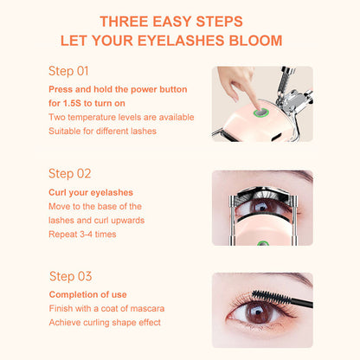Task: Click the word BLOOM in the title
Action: (x=255, y=41)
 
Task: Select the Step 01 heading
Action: (x=68, y=71)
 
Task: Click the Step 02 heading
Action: (x=70, y=174)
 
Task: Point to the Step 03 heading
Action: (x=71, y=276)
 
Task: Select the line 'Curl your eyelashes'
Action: (x=91, y=192)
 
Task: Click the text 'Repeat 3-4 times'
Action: (x=82, y=235)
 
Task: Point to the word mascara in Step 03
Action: (x=147, y=308)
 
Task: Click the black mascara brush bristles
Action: (x=270, y=297)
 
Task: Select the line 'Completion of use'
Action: (x=88, y=294)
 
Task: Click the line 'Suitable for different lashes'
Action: (x=102, y=132)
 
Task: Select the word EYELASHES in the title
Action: (x=181, y=41)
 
